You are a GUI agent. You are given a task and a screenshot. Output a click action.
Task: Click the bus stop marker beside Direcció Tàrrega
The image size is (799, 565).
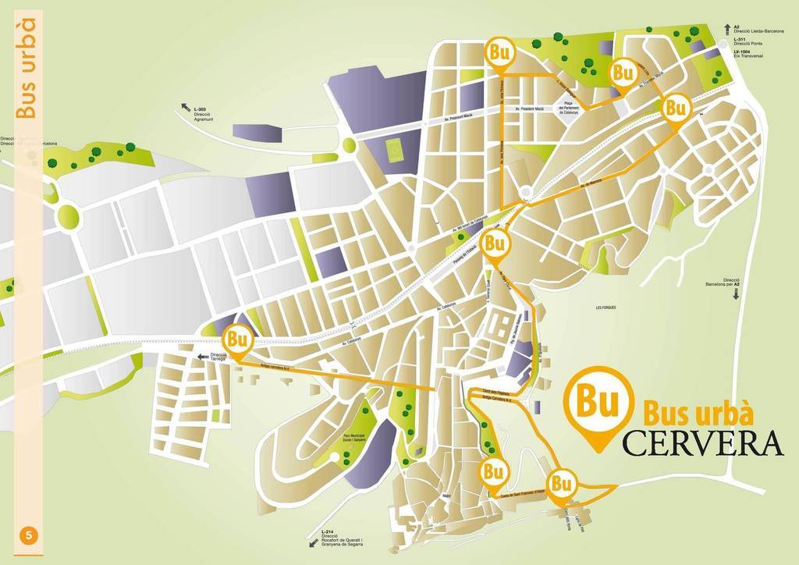[x=238, y=341]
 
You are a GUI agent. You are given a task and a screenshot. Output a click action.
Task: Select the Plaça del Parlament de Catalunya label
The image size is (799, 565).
[x=569, y=108]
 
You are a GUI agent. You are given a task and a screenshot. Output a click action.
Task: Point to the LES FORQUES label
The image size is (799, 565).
[x=605, y=307]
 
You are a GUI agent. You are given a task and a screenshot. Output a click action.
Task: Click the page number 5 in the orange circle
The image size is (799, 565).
[x=29, y=535]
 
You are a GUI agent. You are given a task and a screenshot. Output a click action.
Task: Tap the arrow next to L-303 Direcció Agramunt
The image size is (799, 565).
[x=186, y=106]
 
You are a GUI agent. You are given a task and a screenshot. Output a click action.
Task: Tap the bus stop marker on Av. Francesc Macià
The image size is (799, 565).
[x=622, y=73]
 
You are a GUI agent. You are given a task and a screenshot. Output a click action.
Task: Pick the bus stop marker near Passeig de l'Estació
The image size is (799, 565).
[x=493, y=243]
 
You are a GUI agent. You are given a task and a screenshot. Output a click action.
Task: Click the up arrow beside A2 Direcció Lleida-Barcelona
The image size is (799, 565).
[x=726, y=27]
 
